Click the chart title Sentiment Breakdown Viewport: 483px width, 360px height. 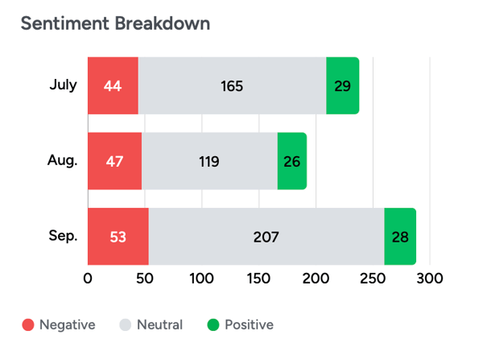point(115,23)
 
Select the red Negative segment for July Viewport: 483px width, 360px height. point(113,85)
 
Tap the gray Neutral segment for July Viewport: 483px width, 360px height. point(232,85)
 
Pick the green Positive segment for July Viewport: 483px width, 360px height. point(342,85)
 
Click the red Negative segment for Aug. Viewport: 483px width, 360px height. point(114,161)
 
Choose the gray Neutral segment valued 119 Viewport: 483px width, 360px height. point(209,161)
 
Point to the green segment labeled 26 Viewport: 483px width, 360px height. point(292,161)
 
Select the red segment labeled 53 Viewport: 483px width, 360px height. point(118,237)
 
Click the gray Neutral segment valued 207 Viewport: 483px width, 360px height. point(266,237)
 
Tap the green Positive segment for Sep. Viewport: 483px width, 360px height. point(399,237)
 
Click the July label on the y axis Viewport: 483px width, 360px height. point(64,85)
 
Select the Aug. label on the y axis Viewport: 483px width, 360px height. point(62,160)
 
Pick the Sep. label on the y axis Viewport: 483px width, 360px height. point(62,236)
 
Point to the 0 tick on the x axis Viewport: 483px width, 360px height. point(88,279)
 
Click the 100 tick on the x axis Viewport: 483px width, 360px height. point(202,279)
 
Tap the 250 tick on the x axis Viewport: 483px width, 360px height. point(374,279)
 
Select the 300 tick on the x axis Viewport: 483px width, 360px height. point(431,279)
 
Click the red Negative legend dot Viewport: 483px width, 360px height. point(28,325)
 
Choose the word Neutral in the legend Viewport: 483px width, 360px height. point(159,325)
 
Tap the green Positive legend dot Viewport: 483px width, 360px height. point(213,325)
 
